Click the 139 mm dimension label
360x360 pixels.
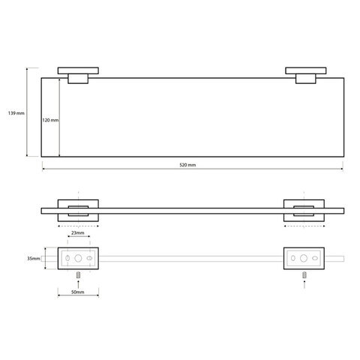click(16, 113)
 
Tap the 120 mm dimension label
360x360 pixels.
click(50, 120)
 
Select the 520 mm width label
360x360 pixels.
click(187, 165)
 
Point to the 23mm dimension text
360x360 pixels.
click(78, 233)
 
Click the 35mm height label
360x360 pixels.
click(34, 259)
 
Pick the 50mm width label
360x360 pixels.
click(78, 292)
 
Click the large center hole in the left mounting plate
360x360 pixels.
click(78, 258)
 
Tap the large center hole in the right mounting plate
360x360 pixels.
click(304, 258)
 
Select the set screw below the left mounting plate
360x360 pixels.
click(78, 275)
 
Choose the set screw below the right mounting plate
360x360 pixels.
click(304, 275)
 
